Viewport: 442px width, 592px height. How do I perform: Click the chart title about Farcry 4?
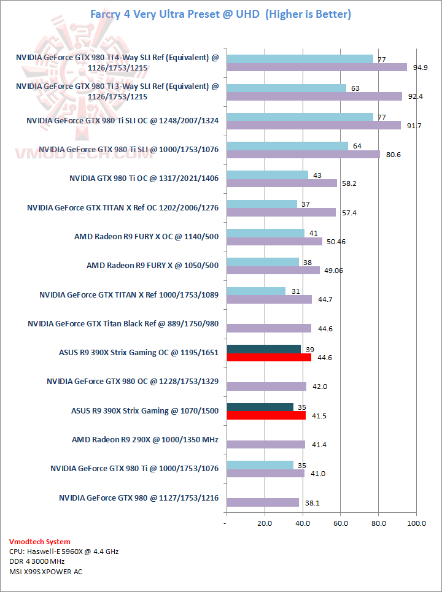tap(221, 14)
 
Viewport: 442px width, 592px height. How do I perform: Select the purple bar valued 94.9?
tap(316, 67)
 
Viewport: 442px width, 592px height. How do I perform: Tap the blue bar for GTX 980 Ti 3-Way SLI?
tap(286, 88)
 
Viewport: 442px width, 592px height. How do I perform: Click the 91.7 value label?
tap(410, 126)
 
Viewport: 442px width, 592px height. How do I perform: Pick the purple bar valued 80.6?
tap(303, 154)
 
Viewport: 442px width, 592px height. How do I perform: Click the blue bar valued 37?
tap(262, 204)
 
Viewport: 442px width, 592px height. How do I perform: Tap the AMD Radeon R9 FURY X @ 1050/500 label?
tap(152, 266)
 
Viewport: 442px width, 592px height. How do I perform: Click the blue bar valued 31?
tap(256, 291)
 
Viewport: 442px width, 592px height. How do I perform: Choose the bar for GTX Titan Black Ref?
tap(269, 328)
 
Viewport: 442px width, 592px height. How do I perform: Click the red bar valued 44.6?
tap(269, 358)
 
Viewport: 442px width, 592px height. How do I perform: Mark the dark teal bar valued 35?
tap(260, 407)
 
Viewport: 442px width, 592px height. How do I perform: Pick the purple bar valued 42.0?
tap(266, 386)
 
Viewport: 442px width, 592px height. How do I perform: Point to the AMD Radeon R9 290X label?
tap(145, 439)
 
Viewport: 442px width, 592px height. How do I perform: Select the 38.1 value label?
tap(313, 503)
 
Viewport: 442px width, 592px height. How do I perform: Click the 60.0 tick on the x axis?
tap(340, 523)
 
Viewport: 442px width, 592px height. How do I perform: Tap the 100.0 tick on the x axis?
tap(417, 523)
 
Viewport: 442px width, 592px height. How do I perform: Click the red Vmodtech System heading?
tap(40, 542)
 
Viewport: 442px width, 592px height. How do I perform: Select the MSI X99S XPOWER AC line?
tap(46, 572)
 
